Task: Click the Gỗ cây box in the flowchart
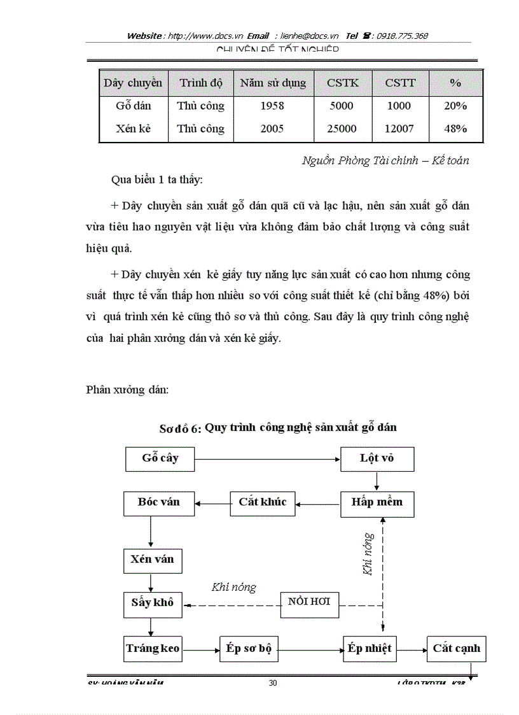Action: coord(160,458)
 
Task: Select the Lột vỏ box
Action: coord(377,458)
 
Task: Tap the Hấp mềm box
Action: coord(377,502)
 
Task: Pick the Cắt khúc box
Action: coord(263,502)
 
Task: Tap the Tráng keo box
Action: coord(153,649)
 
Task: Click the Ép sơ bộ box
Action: coord(249,649)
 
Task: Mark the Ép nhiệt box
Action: coord(371,649)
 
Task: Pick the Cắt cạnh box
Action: coord(456,649)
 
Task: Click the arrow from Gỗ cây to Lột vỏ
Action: coord(267,458)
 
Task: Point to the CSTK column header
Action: coord(343,83)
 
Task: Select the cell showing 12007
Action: coord(399,129)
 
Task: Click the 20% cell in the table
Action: coord(455,106)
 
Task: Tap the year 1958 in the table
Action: coord(272,106)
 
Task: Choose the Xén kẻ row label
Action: coord(133,129)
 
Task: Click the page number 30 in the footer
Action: coord(273,683)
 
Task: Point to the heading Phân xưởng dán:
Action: coord(127,390)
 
